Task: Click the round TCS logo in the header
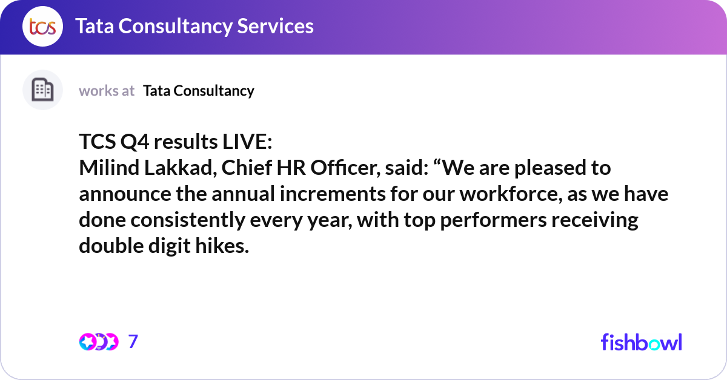pyautogui.click(x=42, y=27)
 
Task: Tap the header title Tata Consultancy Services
pyautogui.click(x=194, y=26)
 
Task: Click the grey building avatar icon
pyautogui.click(x=42, y=90)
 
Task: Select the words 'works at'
pyautogui.click(x=107, y=91)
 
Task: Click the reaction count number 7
pyautogui.click(x=133, y=342)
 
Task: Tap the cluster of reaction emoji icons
pyautogui.click(x=98, y=342)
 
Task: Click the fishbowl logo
pyautogui.click(x=642, y=342)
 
